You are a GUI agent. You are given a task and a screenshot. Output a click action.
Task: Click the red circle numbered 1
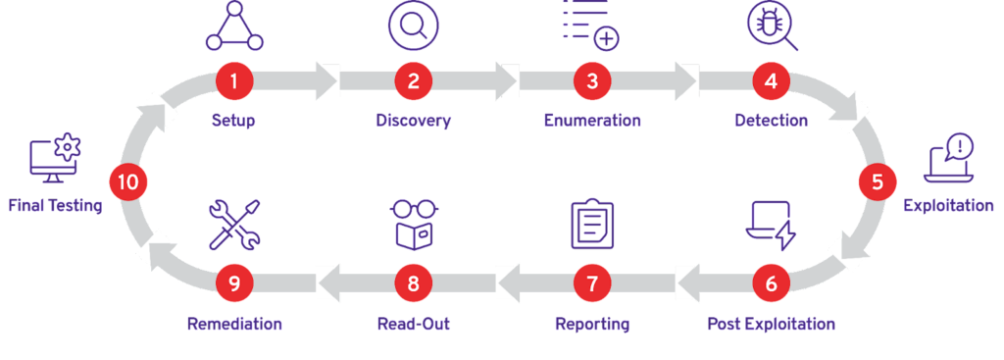pos(233,81)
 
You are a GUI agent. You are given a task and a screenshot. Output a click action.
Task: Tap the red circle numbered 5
pos(878,181)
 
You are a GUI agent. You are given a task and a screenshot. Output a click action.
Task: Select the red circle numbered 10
pos(128,181)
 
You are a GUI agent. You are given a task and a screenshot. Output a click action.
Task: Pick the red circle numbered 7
pos(592,283)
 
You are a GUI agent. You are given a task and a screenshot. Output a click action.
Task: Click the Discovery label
pos(413,121)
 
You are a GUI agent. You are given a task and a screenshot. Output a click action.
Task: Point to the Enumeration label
pos(592,121)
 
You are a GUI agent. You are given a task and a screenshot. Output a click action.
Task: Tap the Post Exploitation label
pos(771,324)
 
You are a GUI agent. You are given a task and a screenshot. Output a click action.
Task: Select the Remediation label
pos(234,324)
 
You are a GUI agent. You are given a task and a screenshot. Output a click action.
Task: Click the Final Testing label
pos(55,206)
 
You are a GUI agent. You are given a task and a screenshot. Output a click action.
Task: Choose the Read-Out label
pos(413,324)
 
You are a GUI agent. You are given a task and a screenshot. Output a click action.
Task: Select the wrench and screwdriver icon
pos(234,225)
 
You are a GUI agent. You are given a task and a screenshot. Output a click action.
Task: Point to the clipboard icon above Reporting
pos(592,224)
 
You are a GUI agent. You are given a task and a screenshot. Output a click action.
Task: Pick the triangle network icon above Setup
pos(234,26)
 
